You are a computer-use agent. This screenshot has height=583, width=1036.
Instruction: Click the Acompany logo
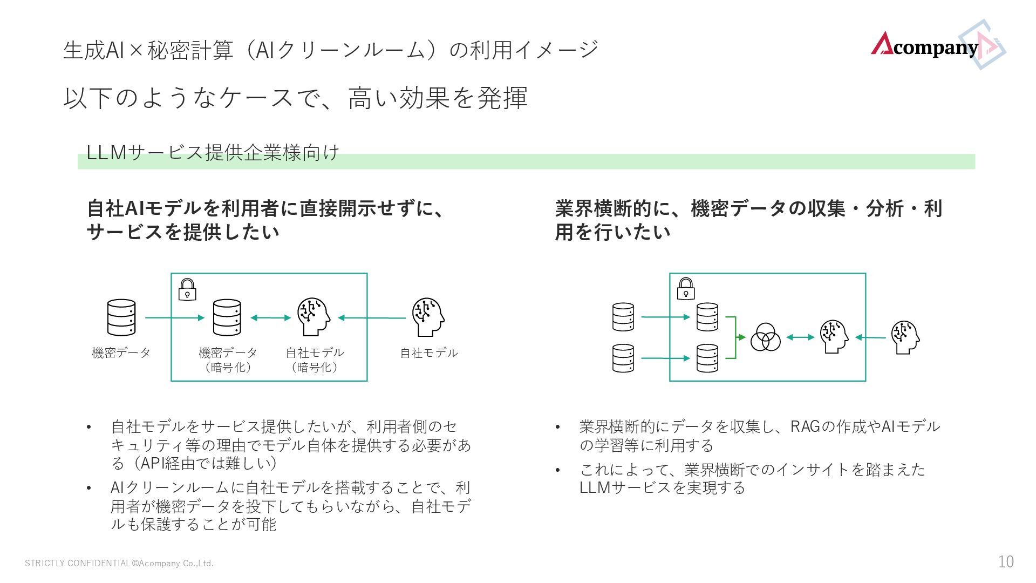click(x=936, y=45)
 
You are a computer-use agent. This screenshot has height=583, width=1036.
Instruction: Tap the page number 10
click(x=1005, y=562)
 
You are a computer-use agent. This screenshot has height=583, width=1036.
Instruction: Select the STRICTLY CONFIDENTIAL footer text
click(x=119, y=564)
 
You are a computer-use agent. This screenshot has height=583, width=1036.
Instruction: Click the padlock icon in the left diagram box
click(x=187, y=289)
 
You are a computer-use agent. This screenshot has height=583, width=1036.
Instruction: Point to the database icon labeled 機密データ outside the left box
click(x=121, y=317)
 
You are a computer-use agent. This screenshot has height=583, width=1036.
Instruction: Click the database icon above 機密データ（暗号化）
click(x=227, y=317)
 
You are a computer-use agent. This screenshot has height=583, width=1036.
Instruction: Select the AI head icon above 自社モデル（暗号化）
click(x=313, y=317)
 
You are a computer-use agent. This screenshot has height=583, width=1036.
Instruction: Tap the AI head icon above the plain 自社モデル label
click(x=428, y=317)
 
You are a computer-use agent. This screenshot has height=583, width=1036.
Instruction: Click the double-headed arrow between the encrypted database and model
click(x=270, y=318)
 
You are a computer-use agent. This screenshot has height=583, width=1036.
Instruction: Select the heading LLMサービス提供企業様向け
click(x=213, y=153)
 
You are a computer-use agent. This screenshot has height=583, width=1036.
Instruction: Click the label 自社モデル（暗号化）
click(x=315, y=360)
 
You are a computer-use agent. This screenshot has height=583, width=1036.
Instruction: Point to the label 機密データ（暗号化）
click(x=228, y=360)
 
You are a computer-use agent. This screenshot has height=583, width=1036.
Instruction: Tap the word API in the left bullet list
click(x=146, y=463)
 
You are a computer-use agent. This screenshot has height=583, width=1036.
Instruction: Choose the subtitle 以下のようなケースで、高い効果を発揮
click(x=295, y=98)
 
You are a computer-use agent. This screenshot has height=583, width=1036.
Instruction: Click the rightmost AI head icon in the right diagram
click(x=905, y=337)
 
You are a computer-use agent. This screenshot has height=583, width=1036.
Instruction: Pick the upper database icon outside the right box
click(x=623, y=317)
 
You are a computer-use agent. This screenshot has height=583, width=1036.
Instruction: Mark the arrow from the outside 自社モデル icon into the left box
click(x=372, y=318)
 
